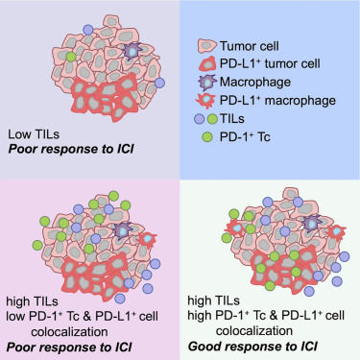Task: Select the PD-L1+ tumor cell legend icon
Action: pyautogui.click(x=206, y=65)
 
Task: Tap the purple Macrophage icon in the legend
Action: pyautogui.click(x=206, y=84)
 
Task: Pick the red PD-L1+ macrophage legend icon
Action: pyautogui.click(x=206, y=104)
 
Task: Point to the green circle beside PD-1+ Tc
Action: pyautogui.click(x=206, y=142)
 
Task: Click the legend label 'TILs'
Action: pyautogui.click(x=235, y=123)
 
